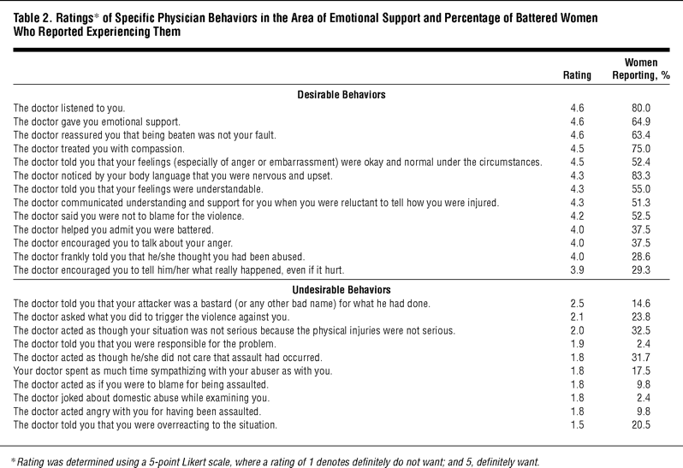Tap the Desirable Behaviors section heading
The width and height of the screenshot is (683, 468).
click(341, 92)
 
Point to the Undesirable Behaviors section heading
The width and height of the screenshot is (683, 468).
click(341, 289)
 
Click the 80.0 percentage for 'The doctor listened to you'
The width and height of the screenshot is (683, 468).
click(639, 108)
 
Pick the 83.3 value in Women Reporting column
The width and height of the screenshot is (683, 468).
click(639, 175)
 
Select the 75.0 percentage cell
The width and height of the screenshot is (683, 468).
click(639, 148)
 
